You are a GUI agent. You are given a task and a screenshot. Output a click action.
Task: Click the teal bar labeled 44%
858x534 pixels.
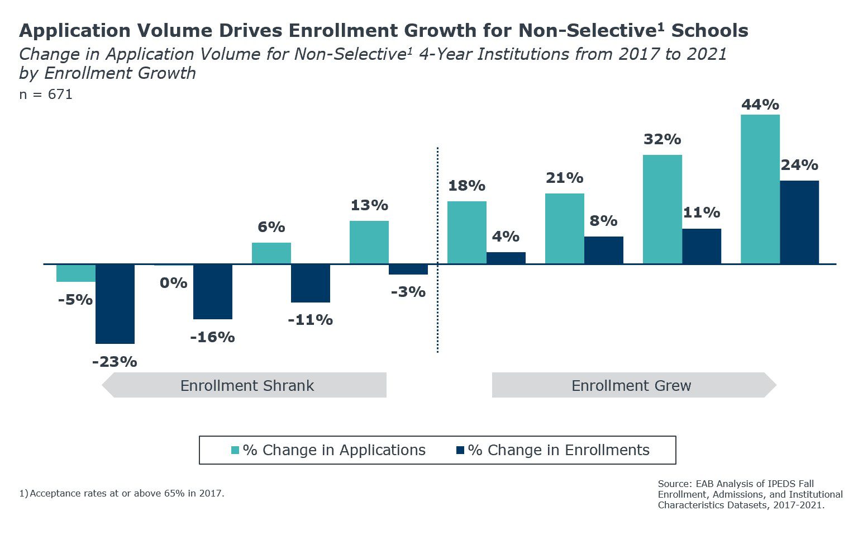(x=760, y=189)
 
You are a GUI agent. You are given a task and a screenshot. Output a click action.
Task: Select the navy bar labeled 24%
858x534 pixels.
(x=799, y=222)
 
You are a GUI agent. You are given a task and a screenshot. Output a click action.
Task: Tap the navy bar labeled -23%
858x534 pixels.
(x=115, y=304)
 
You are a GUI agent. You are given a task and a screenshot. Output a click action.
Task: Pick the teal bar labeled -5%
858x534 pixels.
(x=76, y=273)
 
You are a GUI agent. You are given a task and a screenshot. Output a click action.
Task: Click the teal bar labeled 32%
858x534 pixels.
(x=662, y=209)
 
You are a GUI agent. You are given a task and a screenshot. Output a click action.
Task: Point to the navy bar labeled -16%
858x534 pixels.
(x=212, y=291)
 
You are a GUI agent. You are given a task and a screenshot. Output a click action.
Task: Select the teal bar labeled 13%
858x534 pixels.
(x=369, y=242)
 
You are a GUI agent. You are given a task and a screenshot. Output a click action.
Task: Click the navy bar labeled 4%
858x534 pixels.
(x=506, y=258)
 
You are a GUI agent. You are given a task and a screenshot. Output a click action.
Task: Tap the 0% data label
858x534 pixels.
(x=173, y=283)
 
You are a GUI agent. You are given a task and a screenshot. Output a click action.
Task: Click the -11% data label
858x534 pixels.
(x=310, y=320)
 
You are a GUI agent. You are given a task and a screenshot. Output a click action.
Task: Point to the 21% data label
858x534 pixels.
(x=564, y=178)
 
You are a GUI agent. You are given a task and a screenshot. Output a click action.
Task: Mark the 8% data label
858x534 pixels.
(x=603, y=221)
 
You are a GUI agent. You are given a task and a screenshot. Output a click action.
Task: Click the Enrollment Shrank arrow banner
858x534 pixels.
(x=246, y=385)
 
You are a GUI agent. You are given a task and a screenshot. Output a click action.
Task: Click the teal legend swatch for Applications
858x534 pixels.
(x=235, y=450)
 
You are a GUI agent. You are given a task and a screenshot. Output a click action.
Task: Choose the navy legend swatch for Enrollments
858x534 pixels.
(x=460, y=450)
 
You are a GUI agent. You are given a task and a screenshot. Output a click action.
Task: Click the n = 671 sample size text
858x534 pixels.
(x=46, y=94)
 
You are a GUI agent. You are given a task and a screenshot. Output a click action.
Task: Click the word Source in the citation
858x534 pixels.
(x=674, y=484)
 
